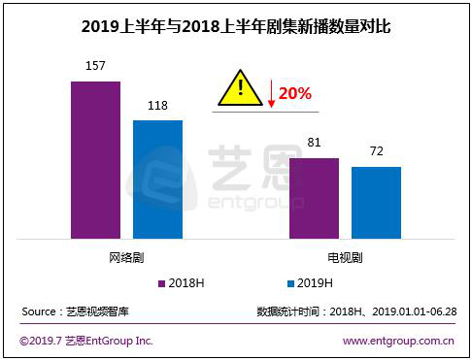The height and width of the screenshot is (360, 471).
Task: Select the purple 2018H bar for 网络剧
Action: coord(95,159)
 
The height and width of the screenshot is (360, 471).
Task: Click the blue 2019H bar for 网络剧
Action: coord(157,179)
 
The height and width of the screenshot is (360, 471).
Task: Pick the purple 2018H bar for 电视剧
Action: coord(314,198)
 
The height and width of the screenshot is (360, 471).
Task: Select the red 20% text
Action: coord(295,94)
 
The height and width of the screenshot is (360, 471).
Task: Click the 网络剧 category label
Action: coord(126,258)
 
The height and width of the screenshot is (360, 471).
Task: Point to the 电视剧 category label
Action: coord(345,258)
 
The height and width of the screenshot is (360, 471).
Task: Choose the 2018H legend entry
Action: coord(183,283)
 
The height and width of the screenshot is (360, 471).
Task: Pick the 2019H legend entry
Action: coord(310,283)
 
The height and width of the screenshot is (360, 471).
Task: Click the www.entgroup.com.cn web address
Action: coord(399,341)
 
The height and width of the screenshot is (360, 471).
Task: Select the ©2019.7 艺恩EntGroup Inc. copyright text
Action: coord(86,341)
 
